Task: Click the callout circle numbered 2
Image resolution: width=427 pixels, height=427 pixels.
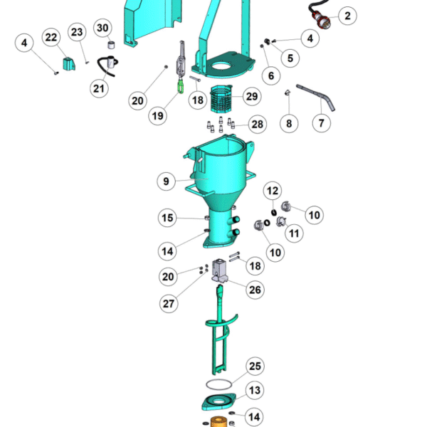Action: (x=347, y=16)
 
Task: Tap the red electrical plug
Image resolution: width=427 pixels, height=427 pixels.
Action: (x=322, y=21)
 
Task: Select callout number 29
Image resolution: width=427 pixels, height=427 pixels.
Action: (x=252, y=96)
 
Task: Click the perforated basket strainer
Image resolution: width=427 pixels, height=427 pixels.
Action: (x=221, y=99)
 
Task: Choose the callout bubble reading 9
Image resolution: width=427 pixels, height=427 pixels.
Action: (x=166, y=181)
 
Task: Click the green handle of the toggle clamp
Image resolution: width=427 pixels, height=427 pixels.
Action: (x=181, y=85)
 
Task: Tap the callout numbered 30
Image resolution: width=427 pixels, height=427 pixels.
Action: (x=102, y=28)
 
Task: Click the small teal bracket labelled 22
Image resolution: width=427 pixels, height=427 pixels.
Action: (x=69, y=64)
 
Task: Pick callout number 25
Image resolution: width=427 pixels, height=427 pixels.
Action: (x=255, y=367)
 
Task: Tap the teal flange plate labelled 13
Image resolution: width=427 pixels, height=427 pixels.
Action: (x=218, y=401)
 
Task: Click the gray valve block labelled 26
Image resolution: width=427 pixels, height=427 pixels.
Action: (x=220, y=270)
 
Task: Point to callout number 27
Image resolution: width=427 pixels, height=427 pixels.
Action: (x=169, y=304)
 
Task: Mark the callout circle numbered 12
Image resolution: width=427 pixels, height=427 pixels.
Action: (x=273, y=191)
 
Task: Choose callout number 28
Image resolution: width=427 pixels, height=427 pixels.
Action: (x=258, y=125)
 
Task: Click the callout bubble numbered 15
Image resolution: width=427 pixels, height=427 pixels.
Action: (x=167, y=218)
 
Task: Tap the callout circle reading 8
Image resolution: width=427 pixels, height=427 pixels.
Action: (x=289, y=123)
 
